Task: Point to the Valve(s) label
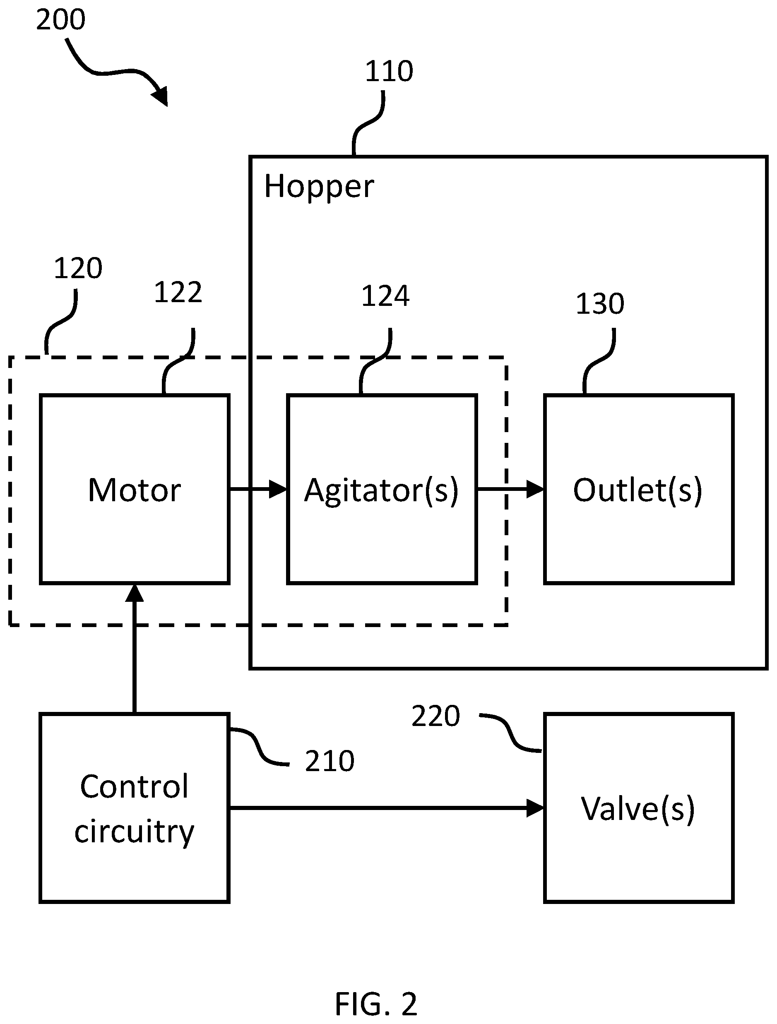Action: tap(638, 809)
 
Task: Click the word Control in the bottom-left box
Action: tap(134, 786)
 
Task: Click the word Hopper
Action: tap(319, 187)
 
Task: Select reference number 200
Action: tap(61, 20)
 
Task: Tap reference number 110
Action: tap(389, 71)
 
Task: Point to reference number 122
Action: tap(178, 293)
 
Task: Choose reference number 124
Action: tap(385, 296)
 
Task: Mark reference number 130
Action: tap(600, 304)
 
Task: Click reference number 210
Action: tap(330, 761)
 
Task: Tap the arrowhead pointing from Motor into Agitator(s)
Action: tap(278, 489)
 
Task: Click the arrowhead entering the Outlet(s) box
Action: tap(535, 489)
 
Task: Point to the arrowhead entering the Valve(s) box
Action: tap(535, 808)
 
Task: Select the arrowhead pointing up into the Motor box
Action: tap(135, 593)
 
